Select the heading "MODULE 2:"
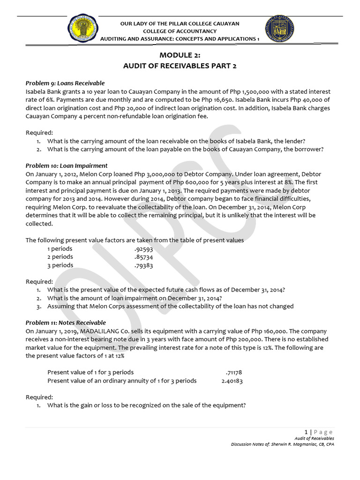click(x=180, y=55)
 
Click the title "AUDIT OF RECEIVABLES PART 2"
click(x=180, y=66)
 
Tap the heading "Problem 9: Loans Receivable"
click(x=65, y=83)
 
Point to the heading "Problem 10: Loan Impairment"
click(x=67, y=165)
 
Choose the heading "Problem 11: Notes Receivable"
click(x=66, y=322)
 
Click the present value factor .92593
click(x=143, y=249)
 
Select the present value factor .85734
click(x=143, y=257)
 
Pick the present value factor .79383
click(x=143, y=265)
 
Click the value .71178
click(x=234, y=373)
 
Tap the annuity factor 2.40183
click(x=232, y=381)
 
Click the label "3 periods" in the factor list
click(x=60, y=265)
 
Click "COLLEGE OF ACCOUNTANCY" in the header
click(x=180, y=31)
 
